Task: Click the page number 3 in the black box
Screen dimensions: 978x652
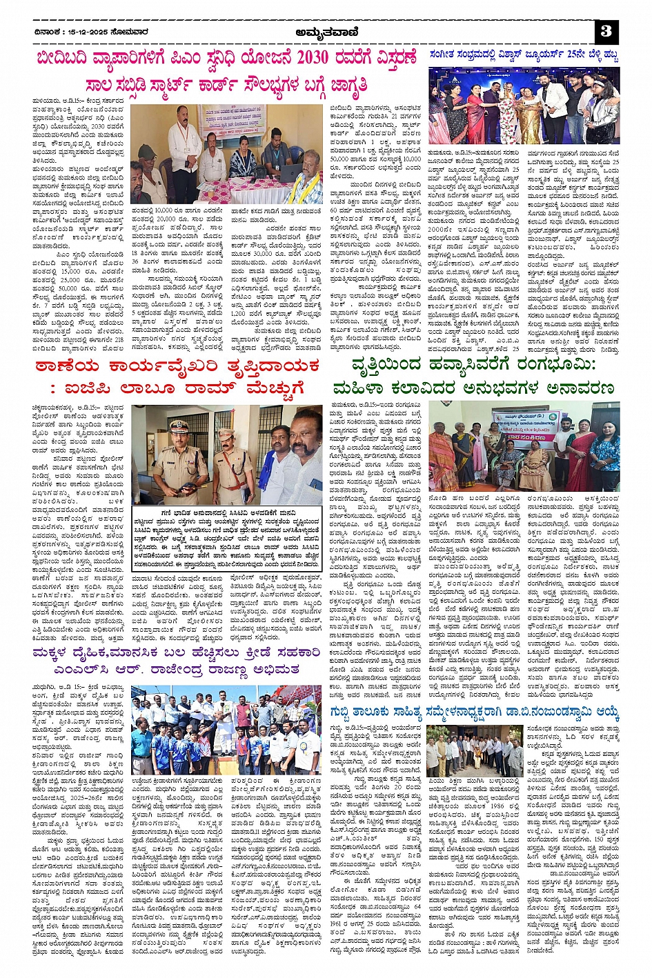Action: tap(606, 31)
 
